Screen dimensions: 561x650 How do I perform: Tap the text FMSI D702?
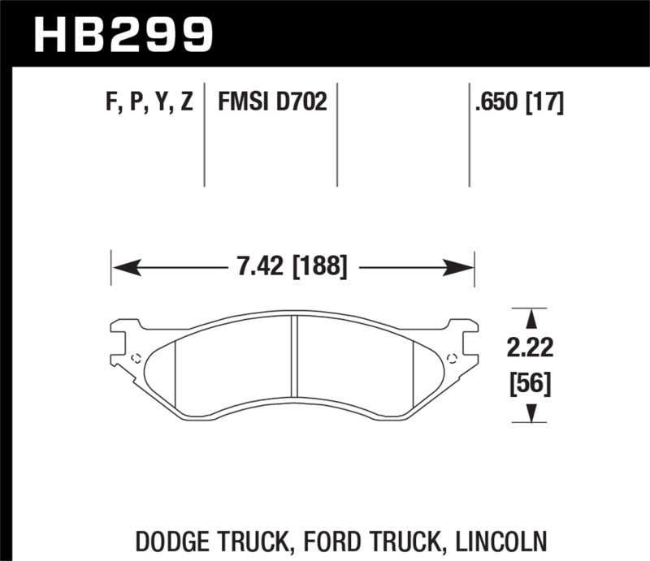(271, 103)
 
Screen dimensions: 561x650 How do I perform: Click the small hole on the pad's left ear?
(136, 358)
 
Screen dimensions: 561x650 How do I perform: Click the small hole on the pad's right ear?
(452, 358)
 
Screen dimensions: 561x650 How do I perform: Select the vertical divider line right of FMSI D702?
(336, 134)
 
